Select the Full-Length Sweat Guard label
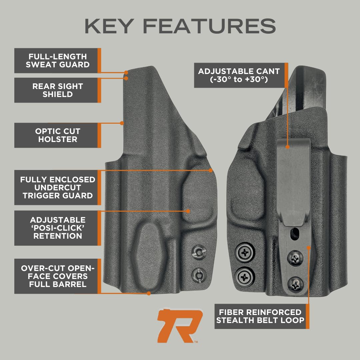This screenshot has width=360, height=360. click(x=57, y=61)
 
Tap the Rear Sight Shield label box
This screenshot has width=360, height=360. click(x=57, y=90)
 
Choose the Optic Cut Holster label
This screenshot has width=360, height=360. click(x=57, y=135)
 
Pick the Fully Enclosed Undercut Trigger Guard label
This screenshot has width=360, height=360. click(x=57, y=188)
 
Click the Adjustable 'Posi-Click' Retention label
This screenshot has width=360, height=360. click(x=57, y=228)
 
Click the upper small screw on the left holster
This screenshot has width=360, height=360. click(x=199, y=252)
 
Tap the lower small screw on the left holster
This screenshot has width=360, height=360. click(x=199, y=274)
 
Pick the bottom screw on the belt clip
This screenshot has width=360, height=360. click(x=295, y=284)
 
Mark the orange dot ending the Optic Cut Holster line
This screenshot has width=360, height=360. click(x=122, y=123)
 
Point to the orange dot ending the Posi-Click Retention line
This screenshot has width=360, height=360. click(x=188, y=211)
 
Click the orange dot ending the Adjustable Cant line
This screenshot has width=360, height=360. click(x=287, y=145)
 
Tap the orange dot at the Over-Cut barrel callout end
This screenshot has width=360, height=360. click(x=149, y=293)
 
